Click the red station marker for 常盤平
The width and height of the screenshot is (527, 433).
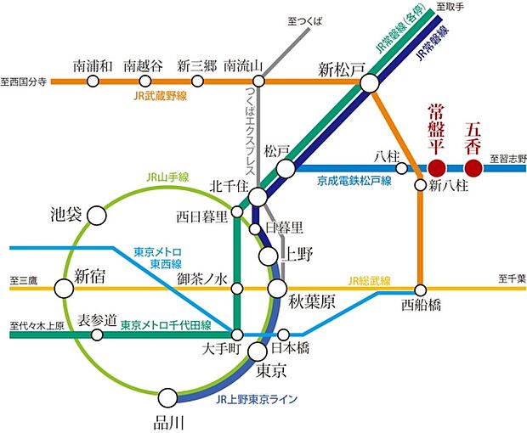tap(437, 168)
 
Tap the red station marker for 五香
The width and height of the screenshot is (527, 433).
tap(474, 168)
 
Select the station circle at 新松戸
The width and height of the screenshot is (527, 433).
tap(370, 82)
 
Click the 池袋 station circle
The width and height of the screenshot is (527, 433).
tap(98, 216)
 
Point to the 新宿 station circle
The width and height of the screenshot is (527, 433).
tap(64, 289)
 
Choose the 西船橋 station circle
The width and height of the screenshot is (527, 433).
tap(420, 289)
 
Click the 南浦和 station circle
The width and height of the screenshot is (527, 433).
tap(93, 82)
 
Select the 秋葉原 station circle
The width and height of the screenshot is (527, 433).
tap(277, 289)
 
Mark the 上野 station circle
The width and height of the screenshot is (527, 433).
tap(269, 255)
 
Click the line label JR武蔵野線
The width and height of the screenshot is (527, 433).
tap(159, 97)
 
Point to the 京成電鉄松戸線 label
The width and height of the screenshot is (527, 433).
tap(354, 181)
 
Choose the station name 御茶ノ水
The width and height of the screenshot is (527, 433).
tap(202, 278)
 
